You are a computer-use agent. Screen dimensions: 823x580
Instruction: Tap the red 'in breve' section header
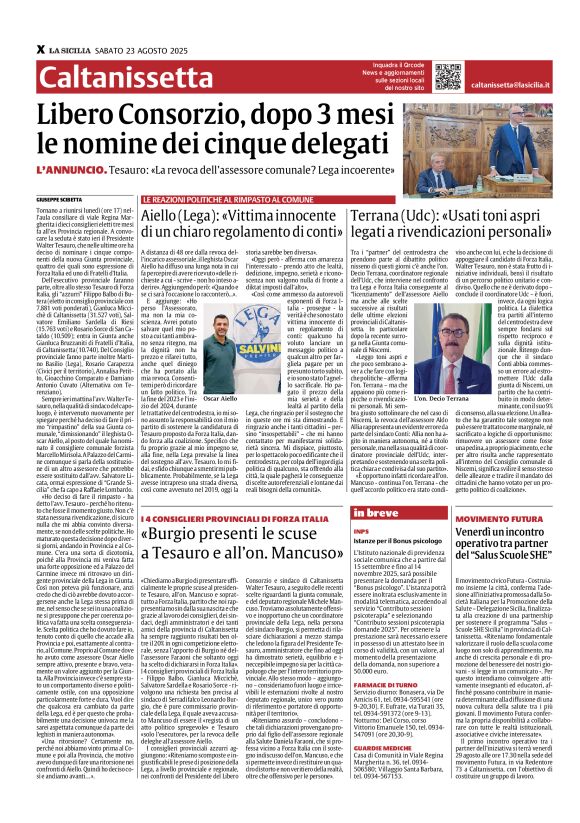pyautogui.click(x=408, y=513)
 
